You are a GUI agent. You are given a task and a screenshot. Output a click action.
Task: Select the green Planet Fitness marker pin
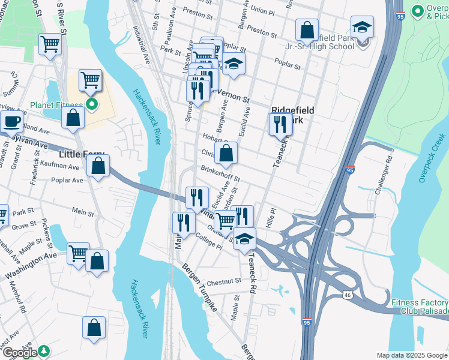coord(92,106)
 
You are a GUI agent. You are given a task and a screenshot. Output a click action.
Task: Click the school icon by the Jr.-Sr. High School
coord(362,28)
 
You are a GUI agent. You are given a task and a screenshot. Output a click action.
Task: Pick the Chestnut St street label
coord(224,280)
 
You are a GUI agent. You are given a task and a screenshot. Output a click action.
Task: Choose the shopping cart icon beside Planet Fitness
coord(90,79)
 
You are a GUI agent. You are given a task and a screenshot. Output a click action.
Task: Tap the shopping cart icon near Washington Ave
coord(79,253)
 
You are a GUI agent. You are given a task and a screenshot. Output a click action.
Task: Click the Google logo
coord(19,352)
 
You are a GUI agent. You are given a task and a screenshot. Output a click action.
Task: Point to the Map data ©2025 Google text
coord(411,355)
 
